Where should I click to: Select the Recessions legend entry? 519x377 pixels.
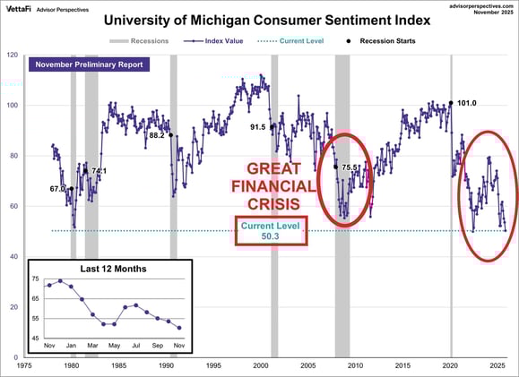click(x=142, y=41)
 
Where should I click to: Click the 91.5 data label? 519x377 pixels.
click(x=258, y=127)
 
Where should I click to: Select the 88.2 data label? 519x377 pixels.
click(x=156, y=135)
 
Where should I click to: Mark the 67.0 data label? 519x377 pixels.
click(x=57, y=189)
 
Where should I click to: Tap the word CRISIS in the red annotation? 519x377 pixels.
click(x=272, y=203)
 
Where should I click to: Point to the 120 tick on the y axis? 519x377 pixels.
click(x=12, y=55)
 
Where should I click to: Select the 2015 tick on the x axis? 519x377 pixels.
click(x=403, y=365)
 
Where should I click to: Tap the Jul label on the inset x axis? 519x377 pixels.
click(x=134, y=346)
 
